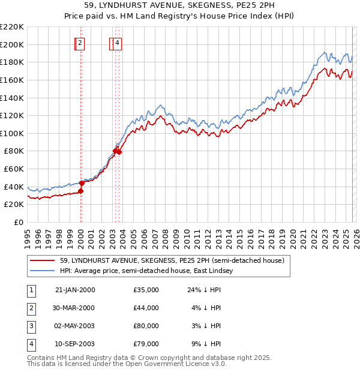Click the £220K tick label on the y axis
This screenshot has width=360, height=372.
pos(12,27)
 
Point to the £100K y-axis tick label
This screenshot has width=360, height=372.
pos(12,133)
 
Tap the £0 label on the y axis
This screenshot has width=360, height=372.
pos(18,222)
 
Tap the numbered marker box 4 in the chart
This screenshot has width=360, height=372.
pos(117,43)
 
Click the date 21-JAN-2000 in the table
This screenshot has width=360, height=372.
pos(74,290)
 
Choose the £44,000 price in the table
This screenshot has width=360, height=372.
pos(146,308)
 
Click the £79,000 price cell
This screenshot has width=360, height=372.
pos(146,344)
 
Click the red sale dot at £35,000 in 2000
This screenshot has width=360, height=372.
pos(80,191)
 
